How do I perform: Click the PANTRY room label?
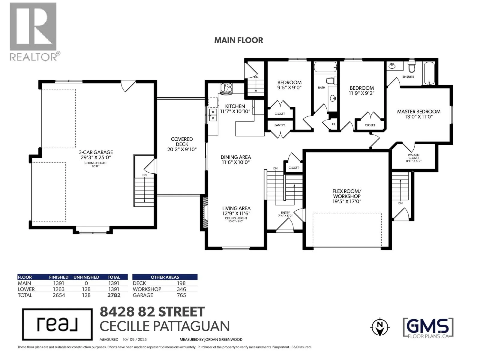(x=280, y=125)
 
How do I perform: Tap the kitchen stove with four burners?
(x=226, y=89)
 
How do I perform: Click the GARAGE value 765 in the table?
(x=181, y=295)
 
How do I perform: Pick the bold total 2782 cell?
(x=114, y=295)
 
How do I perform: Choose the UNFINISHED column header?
(x=86, y=277)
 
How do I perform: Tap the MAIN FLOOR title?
(x=238, y=40)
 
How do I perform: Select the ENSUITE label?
(x=408, y=77)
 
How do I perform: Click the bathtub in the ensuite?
(x=429, y=73)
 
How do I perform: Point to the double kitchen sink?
(x=213, y=115)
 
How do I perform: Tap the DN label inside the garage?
(x=144, y=175)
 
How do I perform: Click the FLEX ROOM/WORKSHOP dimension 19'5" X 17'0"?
(x=346, y=201)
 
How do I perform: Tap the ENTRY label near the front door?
(x=285, y=213)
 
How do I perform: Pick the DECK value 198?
(x=181, y=283)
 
